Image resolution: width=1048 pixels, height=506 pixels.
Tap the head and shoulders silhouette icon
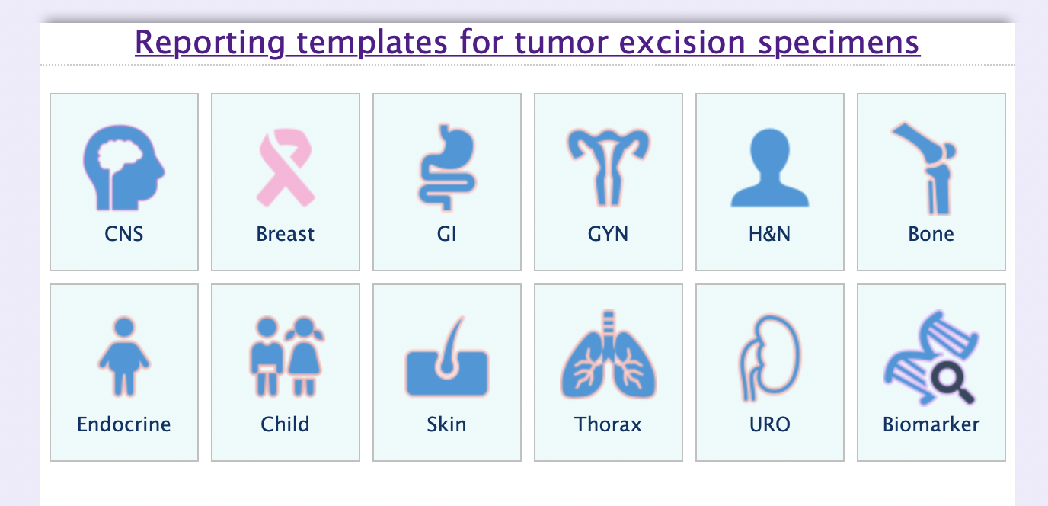click(x=769, y=168)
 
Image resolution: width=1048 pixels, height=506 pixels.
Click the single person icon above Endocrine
click(x=124, y=357)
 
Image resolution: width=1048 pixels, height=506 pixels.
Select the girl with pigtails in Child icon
click(x=305, y=357)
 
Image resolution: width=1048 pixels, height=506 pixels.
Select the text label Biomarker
click(x=931, y=424)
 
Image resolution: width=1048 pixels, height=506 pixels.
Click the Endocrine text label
click(x=124, y=424)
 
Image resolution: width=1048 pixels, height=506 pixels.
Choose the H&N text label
click(x=769, y=234)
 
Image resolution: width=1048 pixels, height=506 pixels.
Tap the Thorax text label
click(x=608, y=424)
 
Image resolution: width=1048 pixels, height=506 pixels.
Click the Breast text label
click(x=285, y=234)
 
